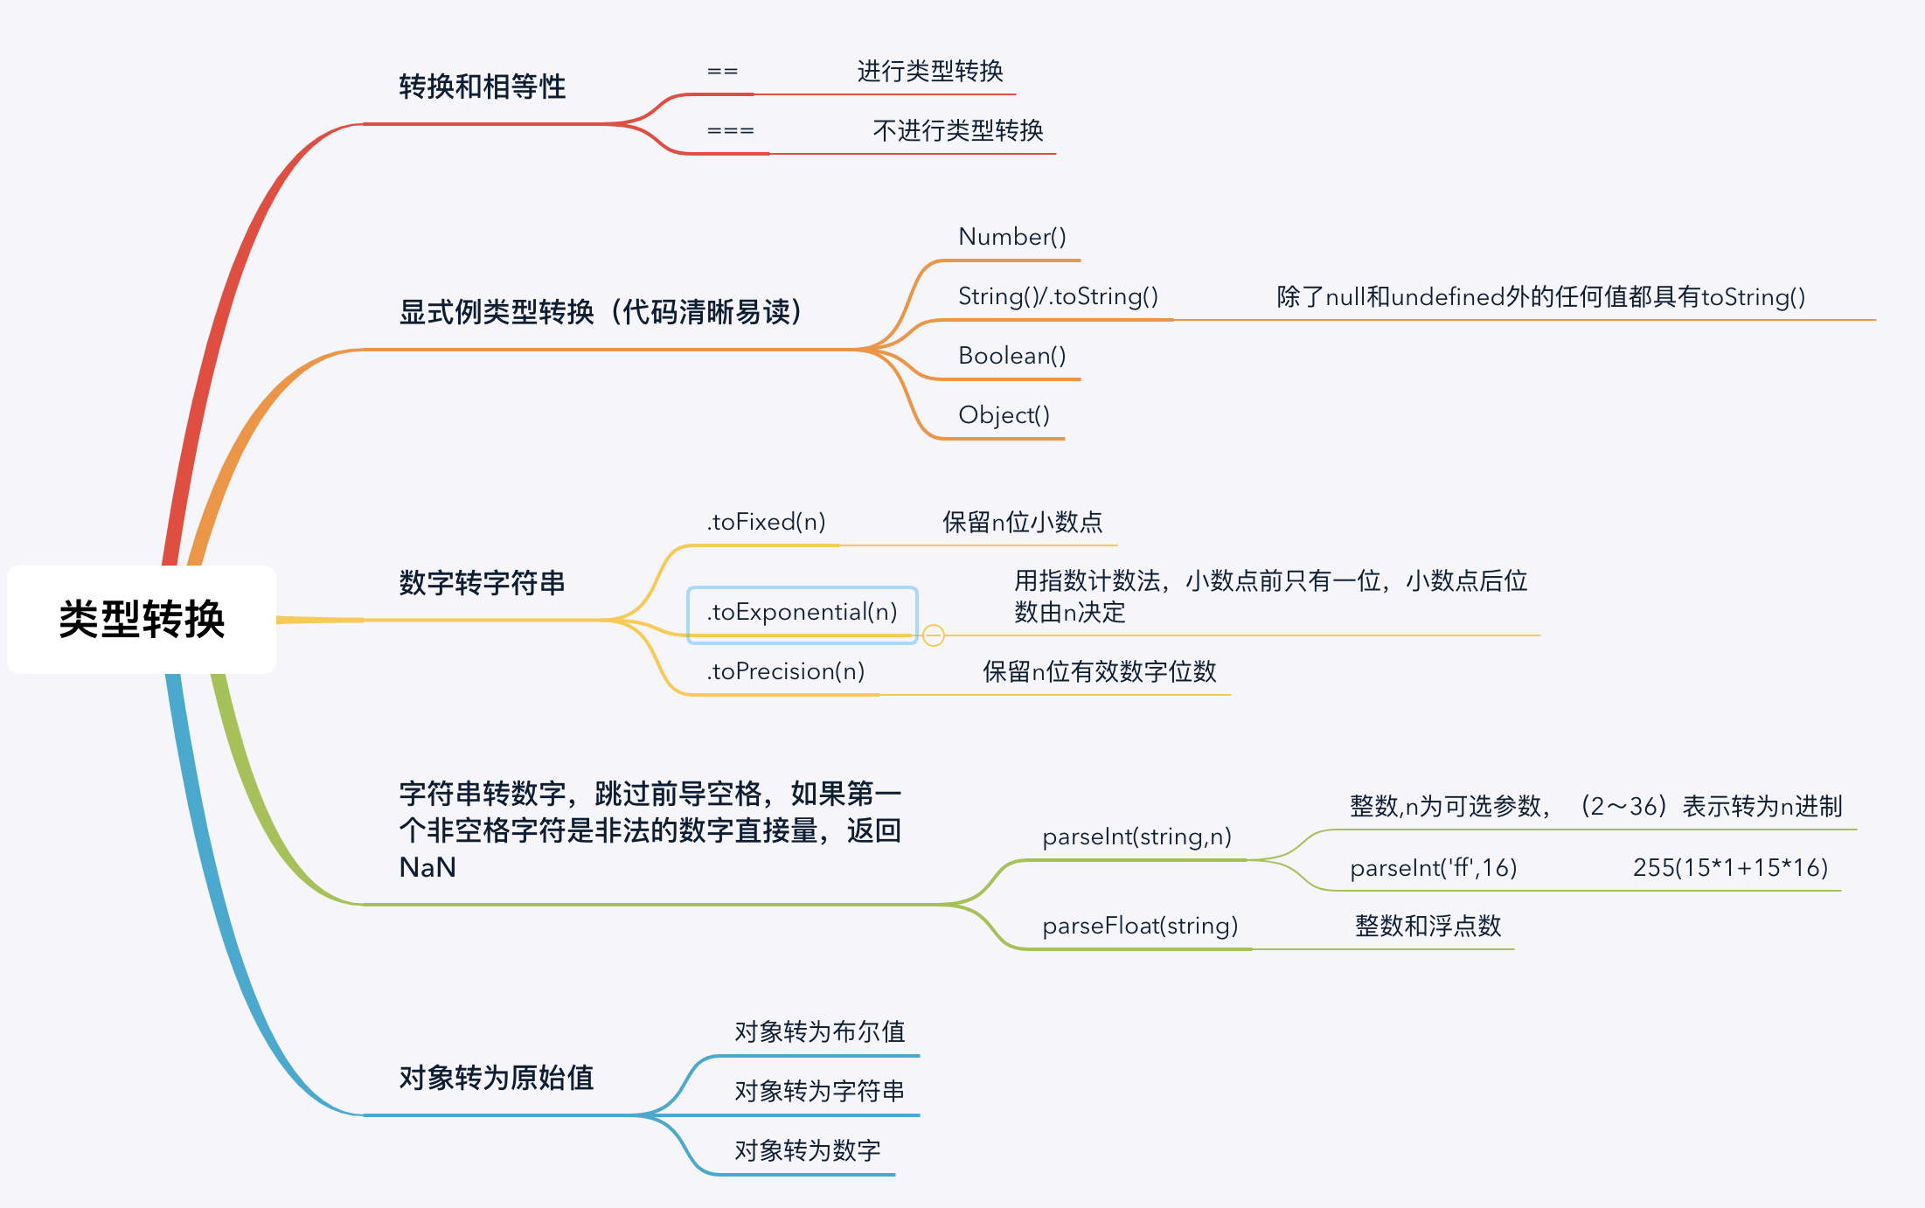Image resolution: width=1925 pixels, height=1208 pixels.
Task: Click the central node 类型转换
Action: pyautogui.click(x=142, y=619)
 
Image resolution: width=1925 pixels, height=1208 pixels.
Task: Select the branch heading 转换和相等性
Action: pyautogui.click(x=482, y=87)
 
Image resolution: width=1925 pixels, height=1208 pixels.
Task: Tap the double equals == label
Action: pyautogui.click(x=722, y=71)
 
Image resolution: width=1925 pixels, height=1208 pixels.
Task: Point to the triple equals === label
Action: pyautogui.click(x=730, y=130)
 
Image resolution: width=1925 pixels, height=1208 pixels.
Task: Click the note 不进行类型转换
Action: pyautogui.click(x=957, y=130)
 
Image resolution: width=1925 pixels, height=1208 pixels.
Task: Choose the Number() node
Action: pyautogui.click(x=1011, y=237)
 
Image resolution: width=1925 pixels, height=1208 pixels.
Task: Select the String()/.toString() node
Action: pyautogui.click(x=1058, y=296)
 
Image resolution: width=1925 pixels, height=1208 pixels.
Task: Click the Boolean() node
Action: pyautogui.click(x=1011, y=356)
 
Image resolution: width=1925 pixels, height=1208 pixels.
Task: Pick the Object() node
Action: pyautogui.click(x=1004, y=415)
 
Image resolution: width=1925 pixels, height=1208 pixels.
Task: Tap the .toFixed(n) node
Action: pyautogui.click(x=766, y=522)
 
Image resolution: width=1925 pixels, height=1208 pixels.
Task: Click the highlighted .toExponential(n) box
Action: pyautogui.click(x=802, y=612)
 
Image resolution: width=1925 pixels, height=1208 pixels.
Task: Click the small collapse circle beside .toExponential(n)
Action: pyautogui.click(x=934, y=635)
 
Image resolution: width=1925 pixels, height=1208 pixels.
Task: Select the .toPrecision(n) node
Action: pyautogui.click(x=785, y=671)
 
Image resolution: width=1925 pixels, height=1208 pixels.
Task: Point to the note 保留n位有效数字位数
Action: pyautogui.click(x=1099, y=671)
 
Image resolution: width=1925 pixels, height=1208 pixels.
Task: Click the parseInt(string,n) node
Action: pyautogui.click(x=1136, y=837)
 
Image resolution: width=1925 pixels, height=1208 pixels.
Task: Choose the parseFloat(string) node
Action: pyautogui.click(x=1140, y=926)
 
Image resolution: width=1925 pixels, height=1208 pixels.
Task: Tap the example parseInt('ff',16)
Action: pyautogui.click(x=1433, y=868)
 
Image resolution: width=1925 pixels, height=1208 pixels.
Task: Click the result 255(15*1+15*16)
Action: pyautogui.click(x=1730, y=868)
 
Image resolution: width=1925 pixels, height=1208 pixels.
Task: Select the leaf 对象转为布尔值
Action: pyautogui.click(x=819, y=1032)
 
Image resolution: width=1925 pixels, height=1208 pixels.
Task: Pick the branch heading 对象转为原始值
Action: pyautogui.click(x=496, y=1078)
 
